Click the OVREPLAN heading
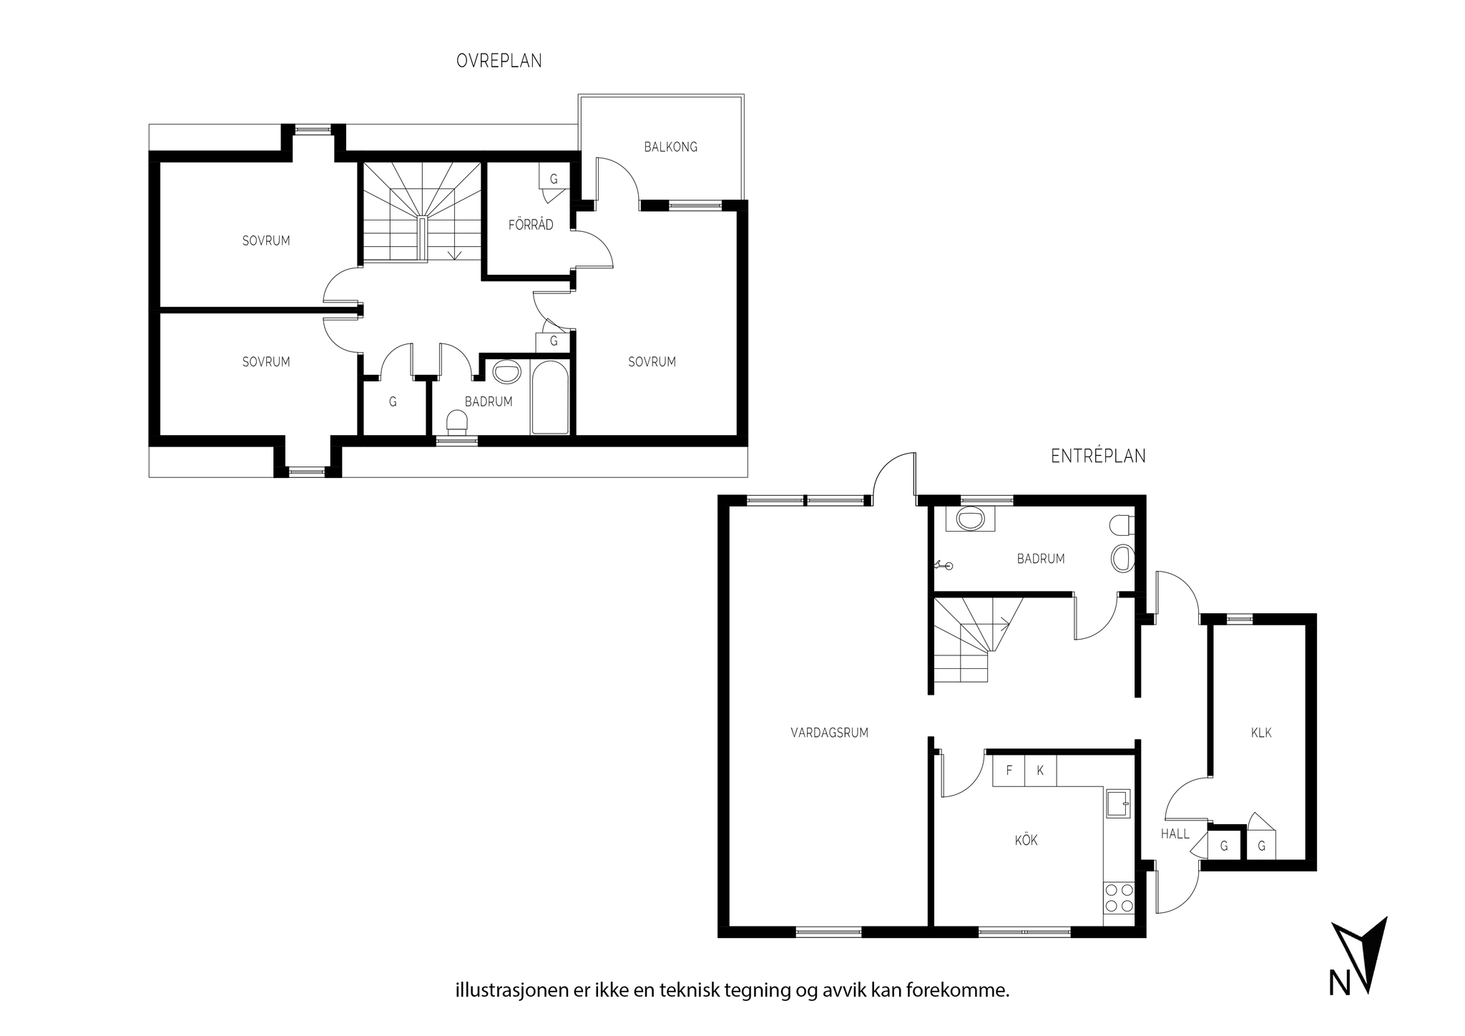click(499, 62)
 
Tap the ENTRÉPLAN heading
click(1098, 456)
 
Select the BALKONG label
click(670, 147)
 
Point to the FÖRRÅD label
click(531, 225)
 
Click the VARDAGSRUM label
click(829, 733)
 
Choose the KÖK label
click(1026, 840)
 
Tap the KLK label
click(1261, 733)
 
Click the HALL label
click(1175, 834)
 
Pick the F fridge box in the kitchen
click(1009, 771)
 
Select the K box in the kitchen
click(1041, 771)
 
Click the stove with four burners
click(1119, 898)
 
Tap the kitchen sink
click(1118, 803)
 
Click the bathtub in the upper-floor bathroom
click(550, 397)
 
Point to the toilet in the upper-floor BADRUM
click(456, 423)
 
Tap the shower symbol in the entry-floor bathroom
click(943, 566)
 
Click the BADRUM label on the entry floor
click(1041, 559)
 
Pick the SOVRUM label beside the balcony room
click(652, 362)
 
